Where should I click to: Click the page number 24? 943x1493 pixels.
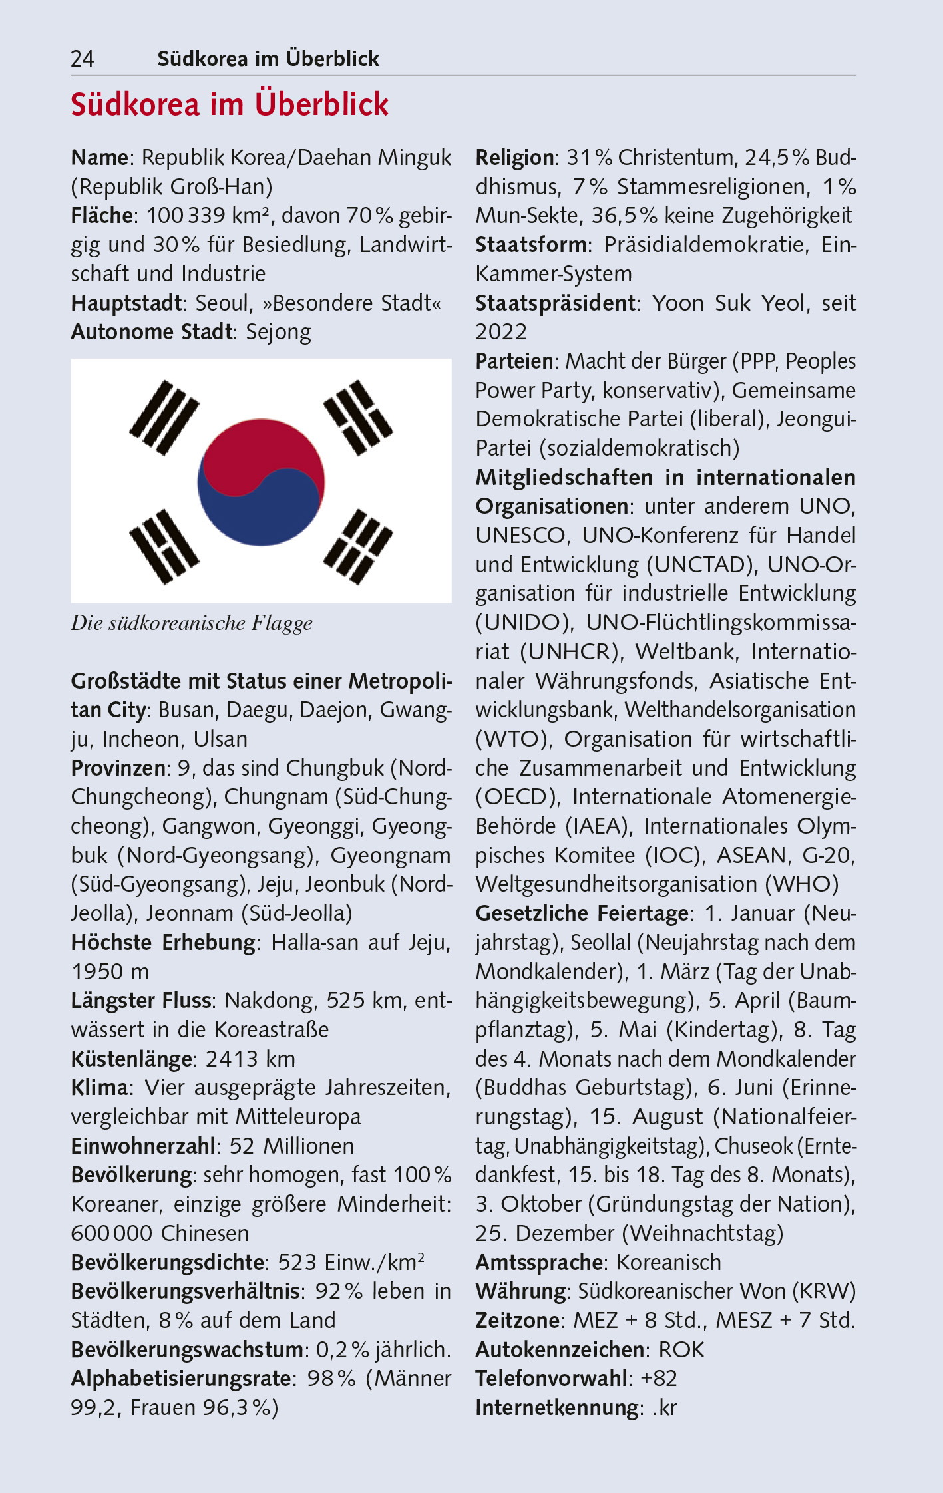pyautogui.click(x=83, y=59)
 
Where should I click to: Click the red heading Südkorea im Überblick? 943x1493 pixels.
pyautogui.click(x=230, y=105)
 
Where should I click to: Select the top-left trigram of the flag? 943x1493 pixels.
pyautogui.click(x=164, y=417)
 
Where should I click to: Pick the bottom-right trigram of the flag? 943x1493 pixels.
pyautogui.click(x=357, y=546)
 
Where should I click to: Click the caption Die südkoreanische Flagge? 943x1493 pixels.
pyautogui.click(x=192, y=623)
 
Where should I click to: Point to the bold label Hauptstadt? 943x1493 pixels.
pyautogui.click(x=126, y=303)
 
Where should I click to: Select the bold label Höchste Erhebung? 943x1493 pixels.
pyautogui.click(x=163, y=943)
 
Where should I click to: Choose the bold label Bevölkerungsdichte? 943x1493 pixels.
pyautogui.click(x=168, y=1263)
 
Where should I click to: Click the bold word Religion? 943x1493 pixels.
pyautogui.click(x=514, y=158)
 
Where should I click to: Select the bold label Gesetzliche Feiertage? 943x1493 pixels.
pyautogui.click(x=582, y=913)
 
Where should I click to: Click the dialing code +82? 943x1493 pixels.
pyautogui.click(x=659, y=1379)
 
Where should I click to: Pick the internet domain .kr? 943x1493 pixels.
pyautogui.click(x=664, y=1408)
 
